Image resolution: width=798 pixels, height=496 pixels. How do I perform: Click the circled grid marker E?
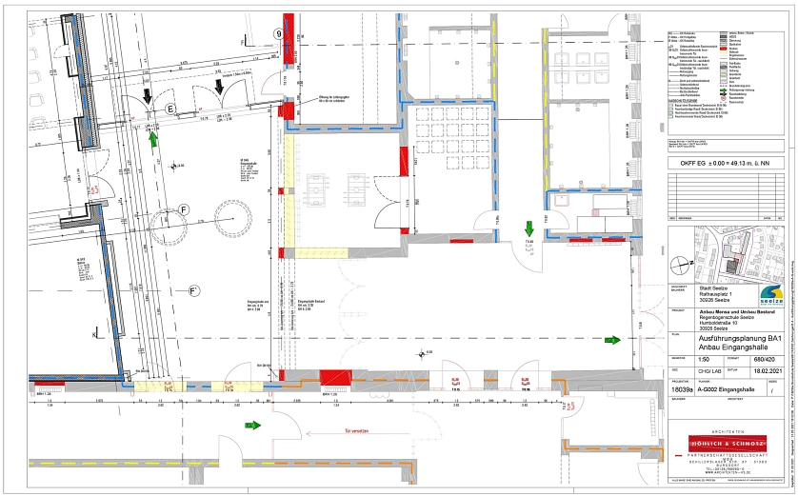pyautogui.click(x=171, y=109)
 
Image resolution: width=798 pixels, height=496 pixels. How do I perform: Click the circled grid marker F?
pyautogui.click(x=184, y=209)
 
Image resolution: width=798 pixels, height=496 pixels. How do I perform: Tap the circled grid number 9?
pyautogui.click(x=279, y=33)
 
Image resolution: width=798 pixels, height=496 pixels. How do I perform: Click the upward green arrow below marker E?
pyautogui.click(x=153, y=139)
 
